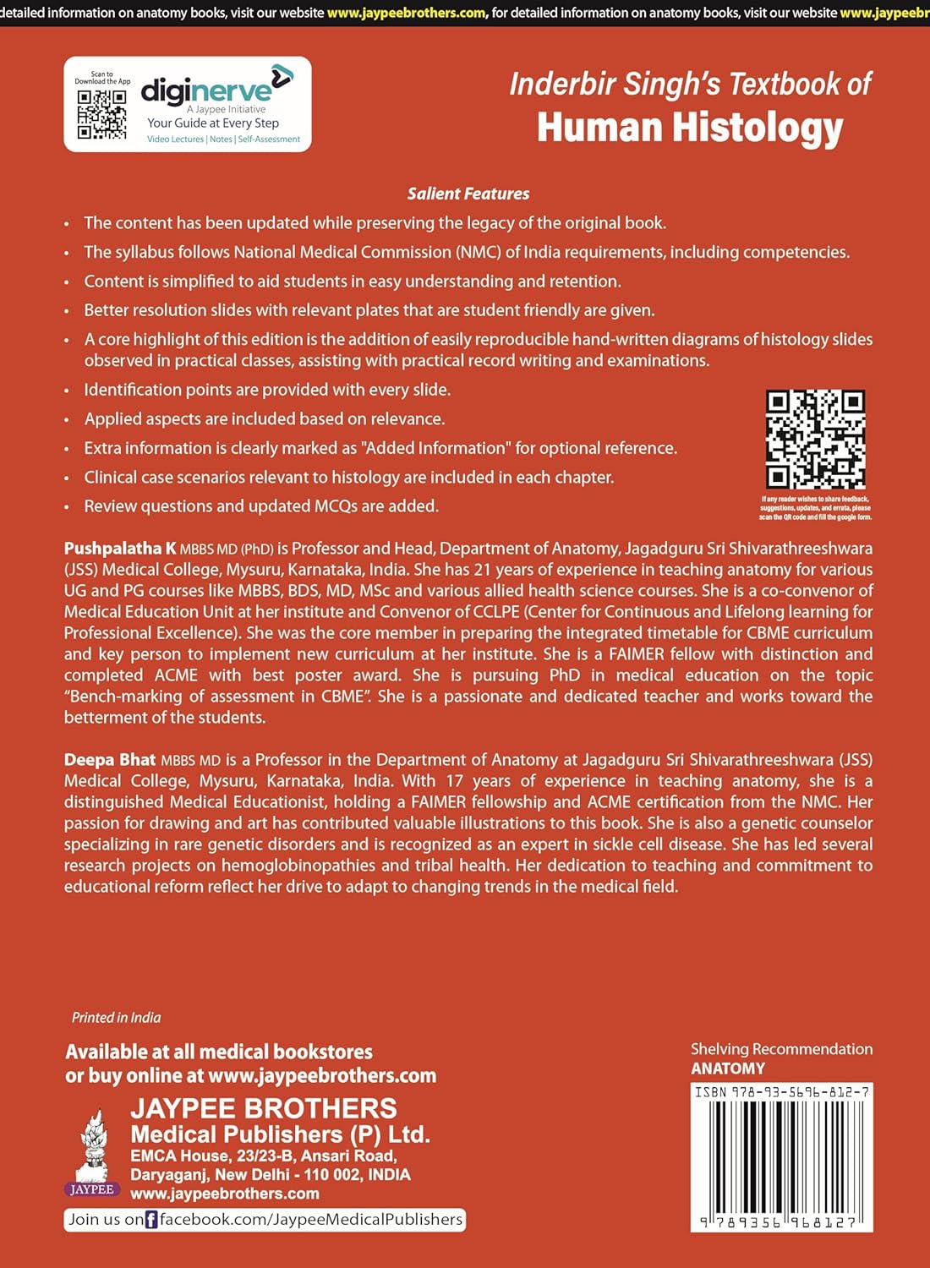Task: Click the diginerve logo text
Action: click(207, 90)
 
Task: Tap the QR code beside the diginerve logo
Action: click(101, 114)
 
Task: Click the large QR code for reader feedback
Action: click(815, 439)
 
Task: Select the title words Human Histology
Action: click(690, 128)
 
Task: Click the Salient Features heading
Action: click(468, 194)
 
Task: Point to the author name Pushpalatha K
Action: click(120, 549)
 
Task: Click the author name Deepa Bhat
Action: click(110, 760)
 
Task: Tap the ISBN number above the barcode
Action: click(782, 1092)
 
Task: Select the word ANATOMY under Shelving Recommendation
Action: click(727, 1069)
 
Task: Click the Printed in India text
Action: click(116, 1018)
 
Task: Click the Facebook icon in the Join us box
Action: click(151, 1220)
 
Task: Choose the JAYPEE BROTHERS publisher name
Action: click(264, 1108)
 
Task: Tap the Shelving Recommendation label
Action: click(781, 1049)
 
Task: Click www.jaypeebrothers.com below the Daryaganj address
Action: click(225, 1194)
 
